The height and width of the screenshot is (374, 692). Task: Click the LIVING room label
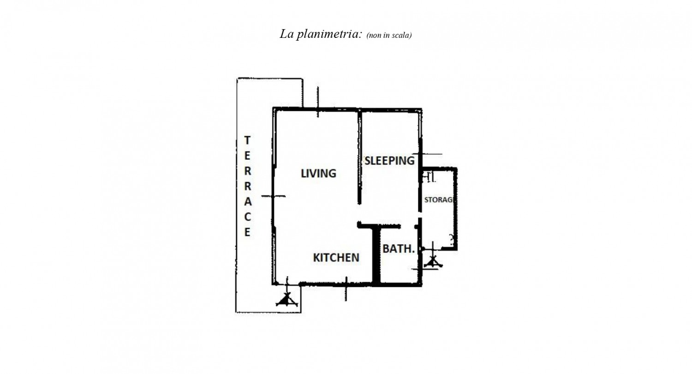coord(318,174)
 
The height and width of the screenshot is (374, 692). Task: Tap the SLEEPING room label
coord(389,161)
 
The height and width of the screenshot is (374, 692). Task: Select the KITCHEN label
coord(336,258)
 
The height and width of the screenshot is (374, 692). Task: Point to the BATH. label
coord(399,248)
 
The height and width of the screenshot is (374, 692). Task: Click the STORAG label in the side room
coord(439,200)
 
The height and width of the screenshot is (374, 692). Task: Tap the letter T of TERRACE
coord(247,140)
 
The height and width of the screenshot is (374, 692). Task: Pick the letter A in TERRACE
coord(248,202)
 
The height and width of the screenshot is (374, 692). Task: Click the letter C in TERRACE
coord(247,217)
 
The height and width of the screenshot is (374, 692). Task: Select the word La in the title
coord(286,34)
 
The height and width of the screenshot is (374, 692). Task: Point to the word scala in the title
coord(401,35)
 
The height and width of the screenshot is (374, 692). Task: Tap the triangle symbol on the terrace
coord(287,300)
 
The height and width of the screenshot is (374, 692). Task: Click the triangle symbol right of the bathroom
coord(433,262)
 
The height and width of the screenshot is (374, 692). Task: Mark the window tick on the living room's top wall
coord(318,102)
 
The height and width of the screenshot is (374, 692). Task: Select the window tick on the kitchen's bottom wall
coord(346,289)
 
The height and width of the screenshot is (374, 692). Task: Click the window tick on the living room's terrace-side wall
coord(274,196)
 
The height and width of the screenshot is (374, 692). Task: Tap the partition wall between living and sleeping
coord(359,157)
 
